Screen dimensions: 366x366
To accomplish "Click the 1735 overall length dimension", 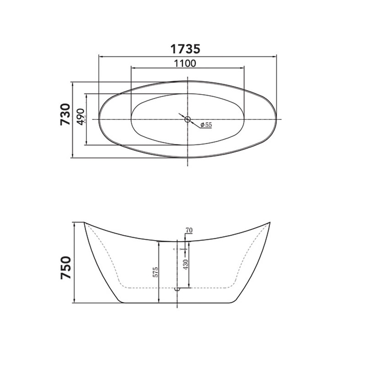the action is [x=185, y=49].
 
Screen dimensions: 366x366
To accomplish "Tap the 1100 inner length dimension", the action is [x=185, y=63].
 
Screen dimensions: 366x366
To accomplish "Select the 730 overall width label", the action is [x=65, y=114].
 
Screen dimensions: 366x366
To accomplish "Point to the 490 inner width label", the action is [x=81, y=117].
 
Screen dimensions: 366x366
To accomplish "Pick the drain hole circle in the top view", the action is [x=188, y=119].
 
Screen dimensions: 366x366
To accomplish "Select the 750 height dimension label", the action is [x=65, y=268].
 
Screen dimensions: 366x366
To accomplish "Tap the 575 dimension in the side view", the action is [x=155, y=272].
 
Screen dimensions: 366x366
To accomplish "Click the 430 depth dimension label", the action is [x=186, y=264].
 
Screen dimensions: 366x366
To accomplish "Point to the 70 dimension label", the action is [x=189, y=230].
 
